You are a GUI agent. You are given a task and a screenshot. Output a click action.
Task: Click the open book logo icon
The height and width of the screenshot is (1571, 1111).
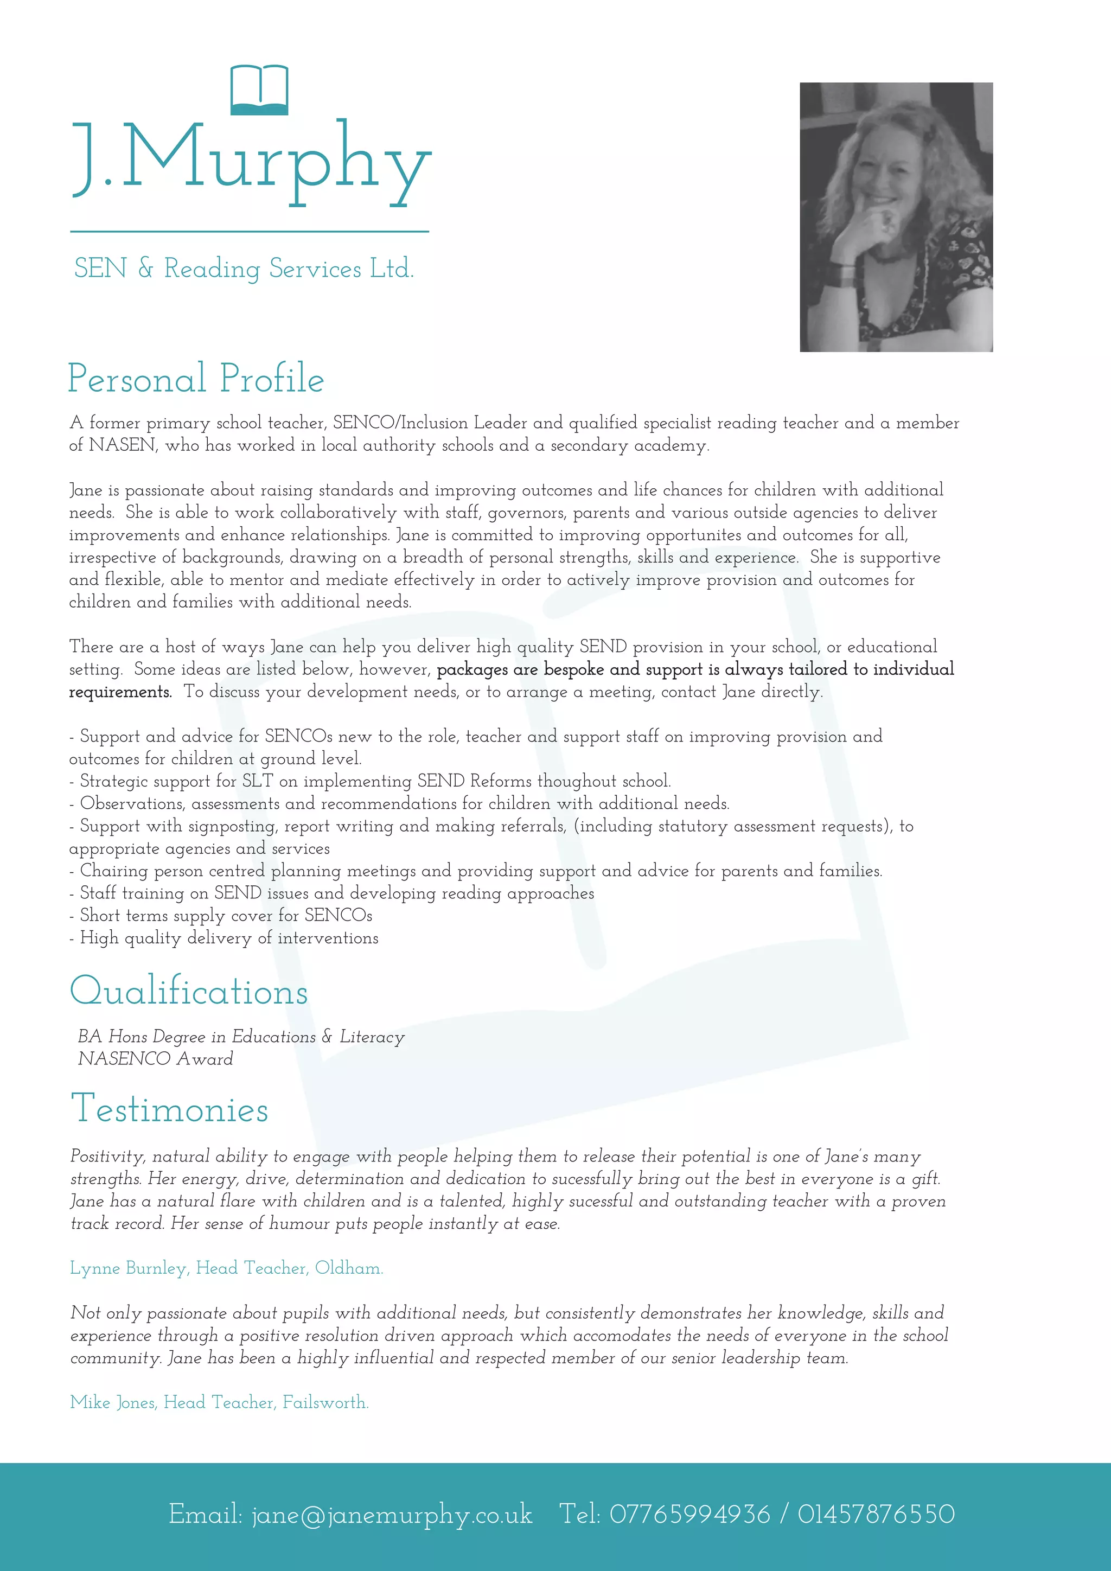click(259, 90)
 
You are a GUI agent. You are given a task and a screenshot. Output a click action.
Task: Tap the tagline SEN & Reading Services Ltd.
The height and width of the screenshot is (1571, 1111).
click(244, 268)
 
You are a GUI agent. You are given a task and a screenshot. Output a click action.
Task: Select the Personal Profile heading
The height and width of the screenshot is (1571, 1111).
click(196, 379)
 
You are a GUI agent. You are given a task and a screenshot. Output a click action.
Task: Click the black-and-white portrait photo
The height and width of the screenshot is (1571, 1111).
click(896, 217)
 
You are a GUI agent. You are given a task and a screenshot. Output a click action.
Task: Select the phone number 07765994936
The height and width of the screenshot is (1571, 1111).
click(689, 1514)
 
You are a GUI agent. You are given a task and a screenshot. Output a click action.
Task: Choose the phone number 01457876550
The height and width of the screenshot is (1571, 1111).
click(876, 1514)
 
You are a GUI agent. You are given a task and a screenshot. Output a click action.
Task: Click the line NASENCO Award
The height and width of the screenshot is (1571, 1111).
click(155, 1058)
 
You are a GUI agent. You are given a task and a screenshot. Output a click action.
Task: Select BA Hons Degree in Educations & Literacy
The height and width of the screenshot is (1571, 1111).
click(241, 1037)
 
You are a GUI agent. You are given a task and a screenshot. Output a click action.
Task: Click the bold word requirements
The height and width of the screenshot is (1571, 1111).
click(120, 692)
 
